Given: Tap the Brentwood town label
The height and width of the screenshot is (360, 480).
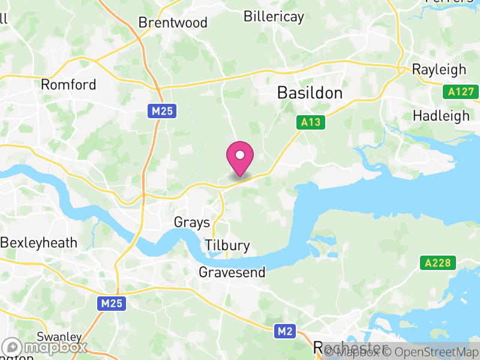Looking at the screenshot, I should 173,23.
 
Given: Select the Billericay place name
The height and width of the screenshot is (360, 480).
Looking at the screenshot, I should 274,16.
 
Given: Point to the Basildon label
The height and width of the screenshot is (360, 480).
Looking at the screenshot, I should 310,93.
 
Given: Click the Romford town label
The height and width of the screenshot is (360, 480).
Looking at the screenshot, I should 68,85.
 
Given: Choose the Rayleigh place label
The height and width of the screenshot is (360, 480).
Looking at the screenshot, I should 439,70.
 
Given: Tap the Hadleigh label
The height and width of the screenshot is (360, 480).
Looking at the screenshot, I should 442,116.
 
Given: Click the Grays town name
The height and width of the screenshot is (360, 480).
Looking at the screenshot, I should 192,223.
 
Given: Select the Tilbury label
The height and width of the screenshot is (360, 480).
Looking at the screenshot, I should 227,245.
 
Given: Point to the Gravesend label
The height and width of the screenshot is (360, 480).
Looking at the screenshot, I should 232,272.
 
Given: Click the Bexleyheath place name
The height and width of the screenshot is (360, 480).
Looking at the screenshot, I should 39,243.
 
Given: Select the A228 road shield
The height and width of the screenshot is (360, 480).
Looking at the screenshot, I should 438,263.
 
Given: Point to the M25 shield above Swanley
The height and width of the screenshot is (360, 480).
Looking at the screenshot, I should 112,304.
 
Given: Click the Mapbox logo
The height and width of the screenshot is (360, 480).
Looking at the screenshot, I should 45,347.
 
